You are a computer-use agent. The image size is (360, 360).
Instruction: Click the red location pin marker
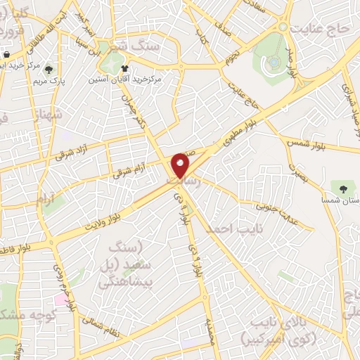click(181, 165)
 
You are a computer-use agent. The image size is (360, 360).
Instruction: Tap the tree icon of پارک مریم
click(49, 69)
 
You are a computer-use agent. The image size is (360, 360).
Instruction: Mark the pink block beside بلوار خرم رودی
click(62, 299)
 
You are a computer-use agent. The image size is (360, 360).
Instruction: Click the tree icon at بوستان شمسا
click(342, 188)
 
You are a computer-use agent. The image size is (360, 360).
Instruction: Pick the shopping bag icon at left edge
click(6, 55)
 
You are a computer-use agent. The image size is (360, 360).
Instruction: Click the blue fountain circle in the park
click(273, 63)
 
